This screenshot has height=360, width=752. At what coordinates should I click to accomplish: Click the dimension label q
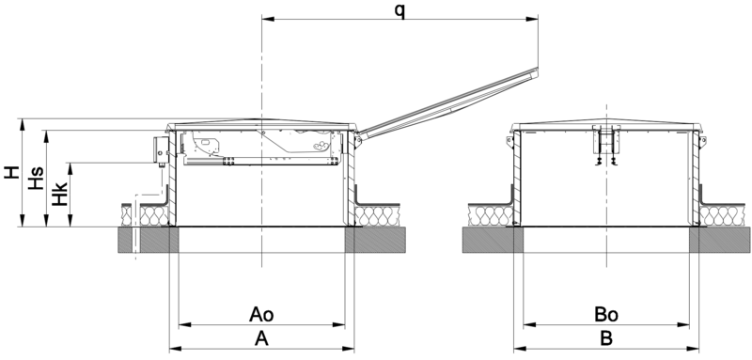point(399,10)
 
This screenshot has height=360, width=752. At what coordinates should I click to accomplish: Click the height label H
point(12,172)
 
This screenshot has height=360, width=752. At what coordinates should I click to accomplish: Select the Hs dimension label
point(36,178)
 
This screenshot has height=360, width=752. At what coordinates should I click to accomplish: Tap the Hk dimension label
point(59,194)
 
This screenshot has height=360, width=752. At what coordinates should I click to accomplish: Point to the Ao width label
point(261,315)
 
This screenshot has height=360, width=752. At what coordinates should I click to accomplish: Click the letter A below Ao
point(261,339)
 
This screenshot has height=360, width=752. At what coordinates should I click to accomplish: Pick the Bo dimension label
point(606,315)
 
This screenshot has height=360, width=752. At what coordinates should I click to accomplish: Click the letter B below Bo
point(606,339)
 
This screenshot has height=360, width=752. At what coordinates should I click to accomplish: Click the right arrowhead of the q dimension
point(532,19)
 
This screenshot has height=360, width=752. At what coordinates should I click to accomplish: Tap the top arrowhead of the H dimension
point(22,125)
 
